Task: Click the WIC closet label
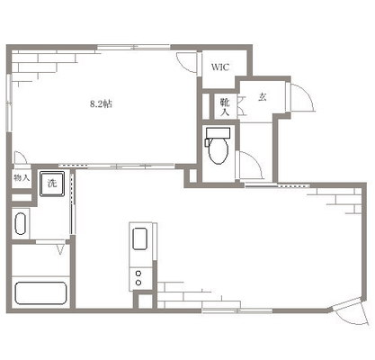pyautogui.click(x=220, y=67)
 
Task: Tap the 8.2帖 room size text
pyautogui.click(x=101, y=103)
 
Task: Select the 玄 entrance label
pyautogui.click(x=263, y=96)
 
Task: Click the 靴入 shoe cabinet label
pyautogui.click(x=225, y=107)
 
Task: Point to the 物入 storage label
pyautogui.click(x=22, y=177)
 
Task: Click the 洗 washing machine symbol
pyautogui.click(x=52, y=184)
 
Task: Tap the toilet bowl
pyautogui.click(x=219, y=150)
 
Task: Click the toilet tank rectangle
pyautogui.click(x=218, y=133)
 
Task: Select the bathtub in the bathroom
pyautogui.click(x=40, y=293)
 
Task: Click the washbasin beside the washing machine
pyautogui.click(x=21, y=223)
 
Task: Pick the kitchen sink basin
pyautogui.click(x=139, y=238)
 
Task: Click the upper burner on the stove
pyautogui.click(x=138, y=274)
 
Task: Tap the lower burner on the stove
pyautogui.click(x=138, y=283)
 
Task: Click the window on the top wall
pyautogui.click(x=134, y=47)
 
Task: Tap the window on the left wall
pyautogui.click(x=9, y=103)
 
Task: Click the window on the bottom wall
pyautogui.click(x=237, y=310)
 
